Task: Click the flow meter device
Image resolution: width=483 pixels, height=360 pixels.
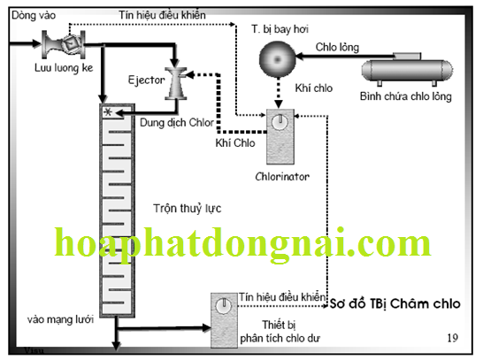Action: pyautogui.click(x=64, y=44)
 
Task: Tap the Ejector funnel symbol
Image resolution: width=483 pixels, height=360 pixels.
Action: pyautogui.click(x=176, y=83)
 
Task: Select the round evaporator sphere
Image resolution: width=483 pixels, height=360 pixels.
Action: pyautogui.click(x=277, y=59)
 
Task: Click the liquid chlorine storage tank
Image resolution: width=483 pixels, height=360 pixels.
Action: pyautogui.click(x=407, y=69)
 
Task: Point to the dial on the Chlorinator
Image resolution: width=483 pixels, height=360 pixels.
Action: pyautogui.click(x=280, y=122)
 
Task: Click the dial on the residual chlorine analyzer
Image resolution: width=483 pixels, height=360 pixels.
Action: pyautogui.click(x=224, y=305)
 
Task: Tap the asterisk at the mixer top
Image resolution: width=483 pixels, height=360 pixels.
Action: pyautogui.click(x=108, y=112)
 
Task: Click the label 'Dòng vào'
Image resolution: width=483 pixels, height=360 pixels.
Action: pyautogui.click(x=34, y=15)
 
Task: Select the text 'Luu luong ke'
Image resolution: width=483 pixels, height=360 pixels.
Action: pyautogui.click(x=64, y=68)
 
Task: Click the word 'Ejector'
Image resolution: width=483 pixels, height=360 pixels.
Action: pyautogui.click(x=146, y=80)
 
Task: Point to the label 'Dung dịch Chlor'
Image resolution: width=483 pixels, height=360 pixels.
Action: pyautogui.click(x=177, y=123)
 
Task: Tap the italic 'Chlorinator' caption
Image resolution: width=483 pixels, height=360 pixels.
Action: pyautogui.click(x=282, y=176)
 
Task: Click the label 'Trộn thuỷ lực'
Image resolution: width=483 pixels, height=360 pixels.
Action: pyautogui.click(x=188, y=209)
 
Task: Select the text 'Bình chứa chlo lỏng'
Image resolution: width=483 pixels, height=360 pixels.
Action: pyautogui.click(x=406, y=96)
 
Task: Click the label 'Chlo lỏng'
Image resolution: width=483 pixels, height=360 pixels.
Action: pyautogui.click(x=337, y=47)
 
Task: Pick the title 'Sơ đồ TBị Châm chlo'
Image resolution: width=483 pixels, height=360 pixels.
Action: pyautogui.click(x=395, y=303)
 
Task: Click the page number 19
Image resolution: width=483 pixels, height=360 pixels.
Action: pyautogui.click(x=452, y=338)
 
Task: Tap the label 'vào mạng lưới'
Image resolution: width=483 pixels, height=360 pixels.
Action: pyautogui.click(x=60, y=319)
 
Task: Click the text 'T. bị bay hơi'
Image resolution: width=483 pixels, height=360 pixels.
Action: pyautogui.click(x=280, y=29)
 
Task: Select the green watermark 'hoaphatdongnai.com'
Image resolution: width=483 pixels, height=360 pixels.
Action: pyautogui.click(x=242, y=243)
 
